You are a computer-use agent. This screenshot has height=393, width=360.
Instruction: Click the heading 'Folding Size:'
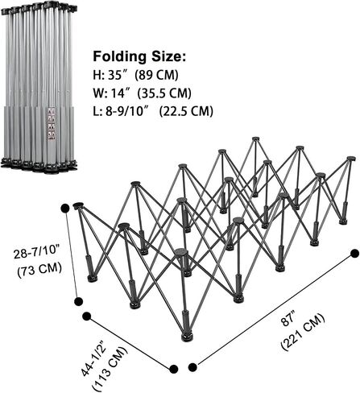click(139, 57)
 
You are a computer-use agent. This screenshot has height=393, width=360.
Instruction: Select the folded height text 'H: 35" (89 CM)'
click(135, 76)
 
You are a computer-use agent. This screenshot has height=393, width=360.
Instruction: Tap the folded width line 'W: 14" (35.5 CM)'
click(142, 93)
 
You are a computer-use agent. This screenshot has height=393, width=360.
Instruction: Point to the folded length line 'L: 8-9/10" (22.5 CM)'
click(153, 111)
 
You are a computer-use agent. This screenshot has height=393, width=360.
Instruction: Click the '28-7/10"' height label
click(37, 254)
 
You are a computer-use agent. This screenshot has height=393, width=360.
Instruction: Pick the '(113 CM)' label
click(110, 369)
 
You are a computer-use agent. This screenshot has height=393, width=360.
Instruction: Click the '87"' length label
click(288, 318)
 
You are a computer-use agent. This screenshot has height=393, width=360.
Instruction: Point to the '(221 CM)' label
click(303, 332)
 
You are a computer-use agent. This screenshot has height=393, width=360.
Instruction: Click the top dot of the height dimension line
click(65, 209)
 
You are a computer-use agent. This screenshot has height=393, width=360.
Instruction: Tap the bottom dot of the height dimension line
click(78, 301)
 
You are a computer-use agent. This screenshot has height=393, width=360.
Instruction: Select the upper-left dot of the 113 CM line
click(86, 316)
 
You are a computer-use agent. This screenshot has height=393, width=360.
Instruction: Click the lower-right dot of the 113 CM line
click(174, 369)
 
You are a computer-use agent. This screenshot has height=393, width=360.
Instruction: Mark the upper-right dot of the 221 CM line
click(354, 253)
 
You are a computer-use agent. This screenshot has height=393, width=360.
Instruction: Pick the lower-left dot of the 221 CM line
click(192, 367)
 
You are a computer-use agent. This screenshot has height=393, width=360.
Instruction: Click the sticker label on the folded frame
click(52, 124)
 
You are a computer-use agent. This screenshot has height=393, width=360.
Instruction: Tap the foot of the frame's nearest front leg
click(187, 337)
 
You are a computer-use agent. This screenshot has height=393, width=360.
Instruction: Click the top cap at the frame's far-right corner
click(350, 159)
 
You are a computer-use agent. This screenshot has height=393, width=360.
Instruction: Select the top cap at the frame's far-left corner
click(78, 205)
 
